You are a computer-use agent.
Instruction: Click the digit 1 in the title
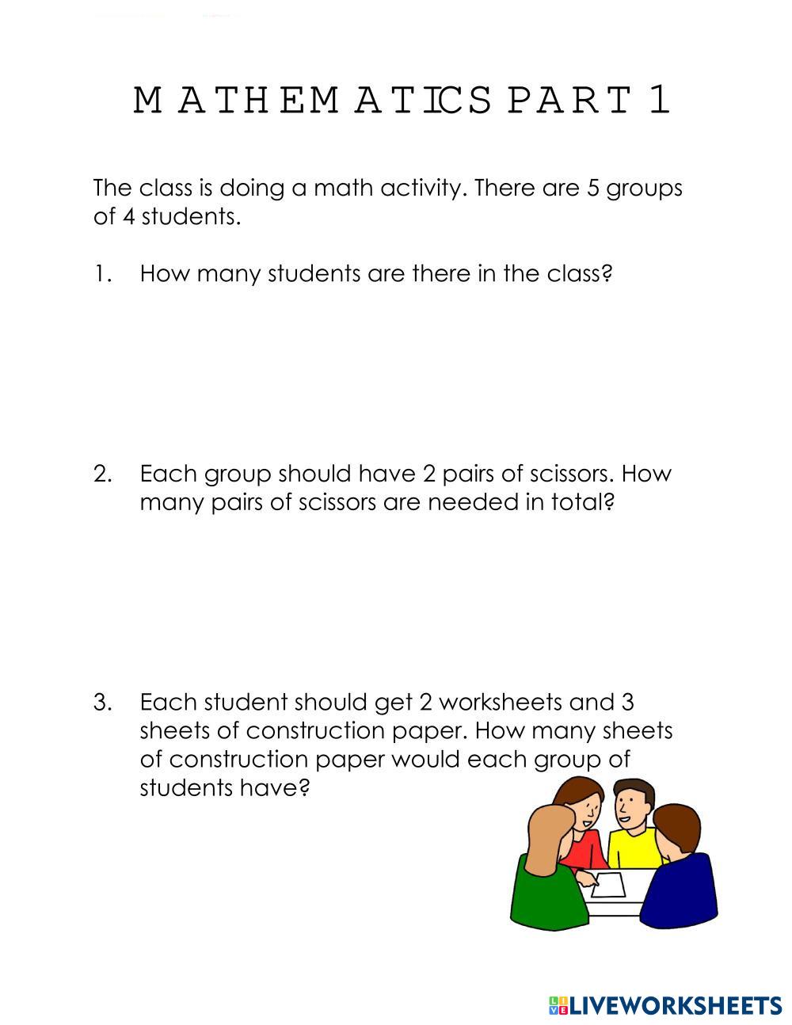[x=660, y=101]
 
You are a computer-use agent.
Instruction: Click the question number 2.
[x=102, y=474]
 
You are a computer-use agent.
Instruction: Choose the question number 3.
[x=102, y=703]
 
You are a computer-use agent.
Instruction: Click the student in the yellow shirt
[x=634, y=832]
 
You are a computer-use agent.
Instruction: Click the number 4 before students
[x=128, y=217]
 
